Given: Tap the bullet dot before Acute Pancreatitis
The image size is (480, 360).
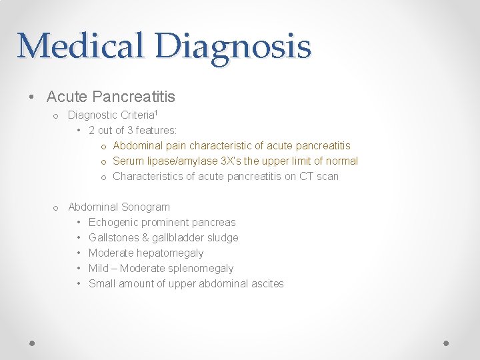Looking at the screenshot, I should [33, 97].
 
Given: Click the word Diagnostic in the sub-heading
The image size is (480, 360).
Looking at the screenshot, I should [93, 115].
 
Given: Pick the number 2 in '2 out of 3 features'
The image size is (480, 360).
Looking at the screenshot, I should [91, 130].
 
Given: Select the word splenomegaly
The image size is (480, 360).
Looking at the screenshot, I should [201, 268].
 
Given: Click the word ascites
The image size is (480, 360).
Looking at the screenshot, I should [267, 283].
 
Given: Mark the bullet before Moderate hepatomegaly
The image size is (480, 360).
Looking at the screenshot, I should [79, 253].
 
